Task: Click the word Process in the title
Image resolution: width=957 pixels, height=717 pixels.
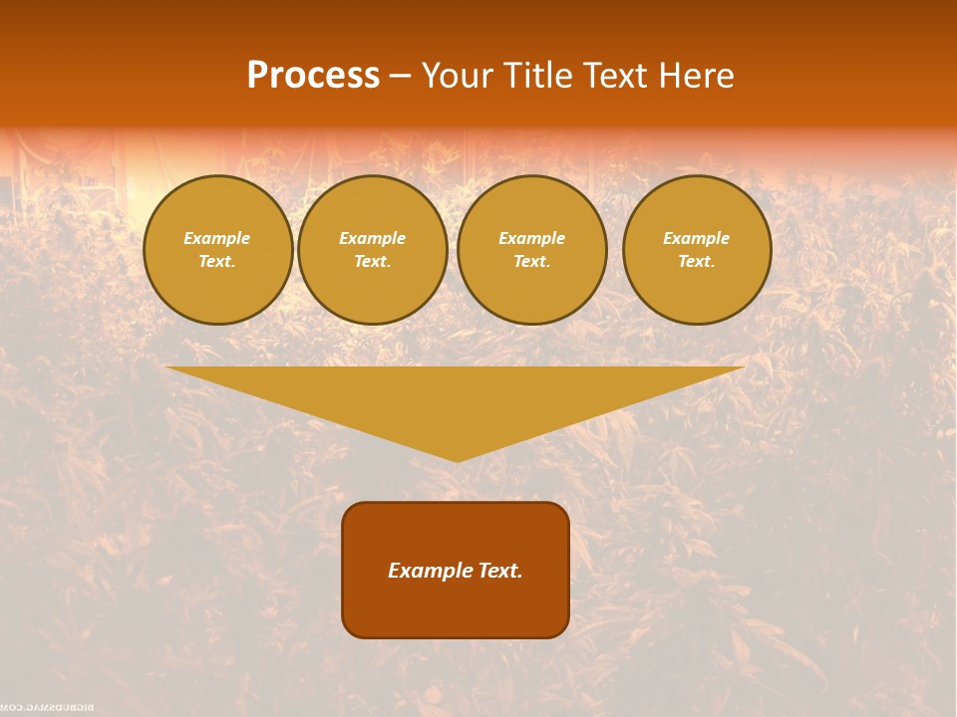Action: (313, 76)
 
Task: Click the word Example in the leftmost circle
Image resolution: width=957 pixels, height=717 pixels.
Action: (217, 238)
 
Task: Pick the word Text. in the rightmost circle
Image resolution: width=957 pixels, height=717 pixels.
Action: (697, 261)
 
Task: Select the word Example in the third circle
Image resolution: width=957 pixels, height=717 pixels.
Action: (531, 238)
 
